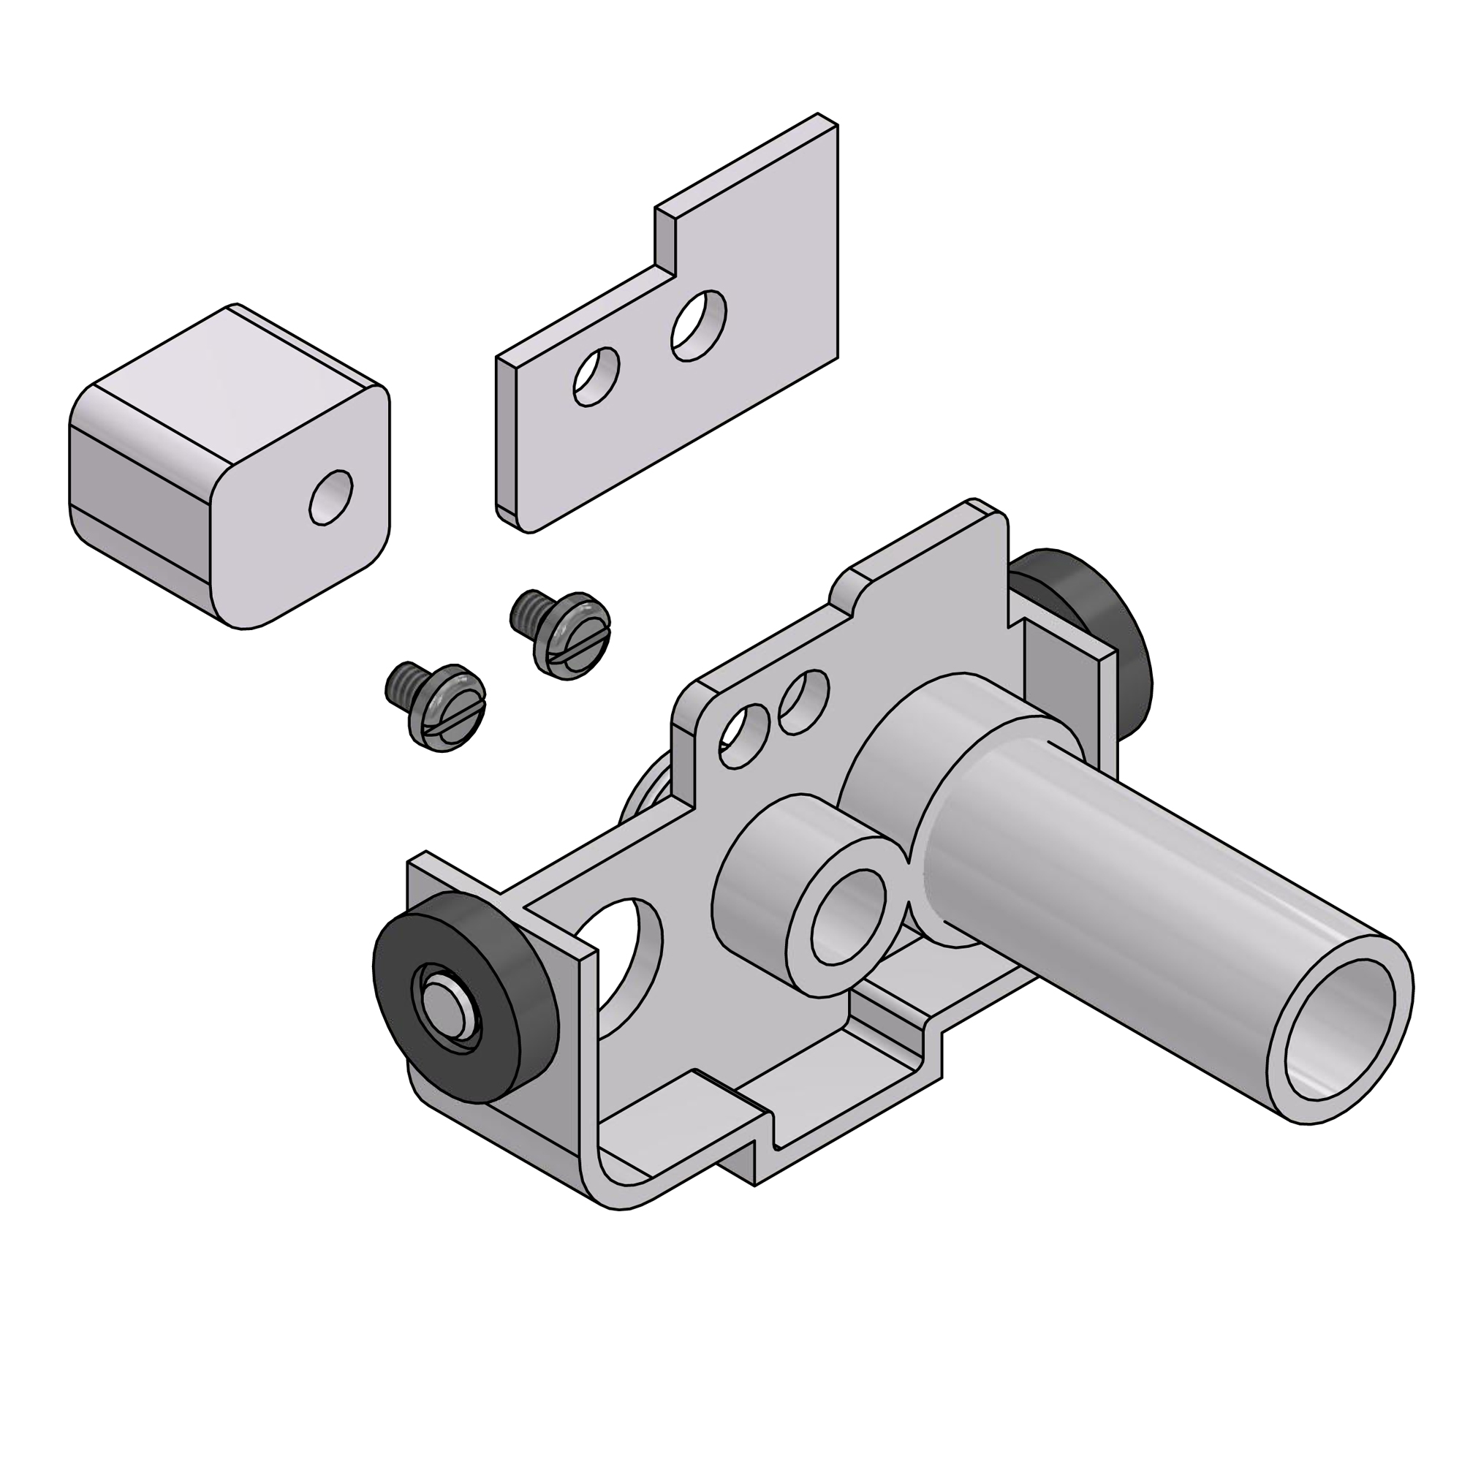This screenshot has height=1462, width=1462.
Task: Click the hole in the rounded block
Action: [331, 496]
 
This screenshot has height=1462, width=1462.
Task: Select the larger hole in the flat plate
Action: [700, 325]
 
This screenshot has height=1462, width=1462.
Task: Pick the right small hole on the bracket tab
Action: [803, 702]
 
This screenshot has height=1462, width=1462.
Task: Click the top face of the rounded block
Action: [227, 371]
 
